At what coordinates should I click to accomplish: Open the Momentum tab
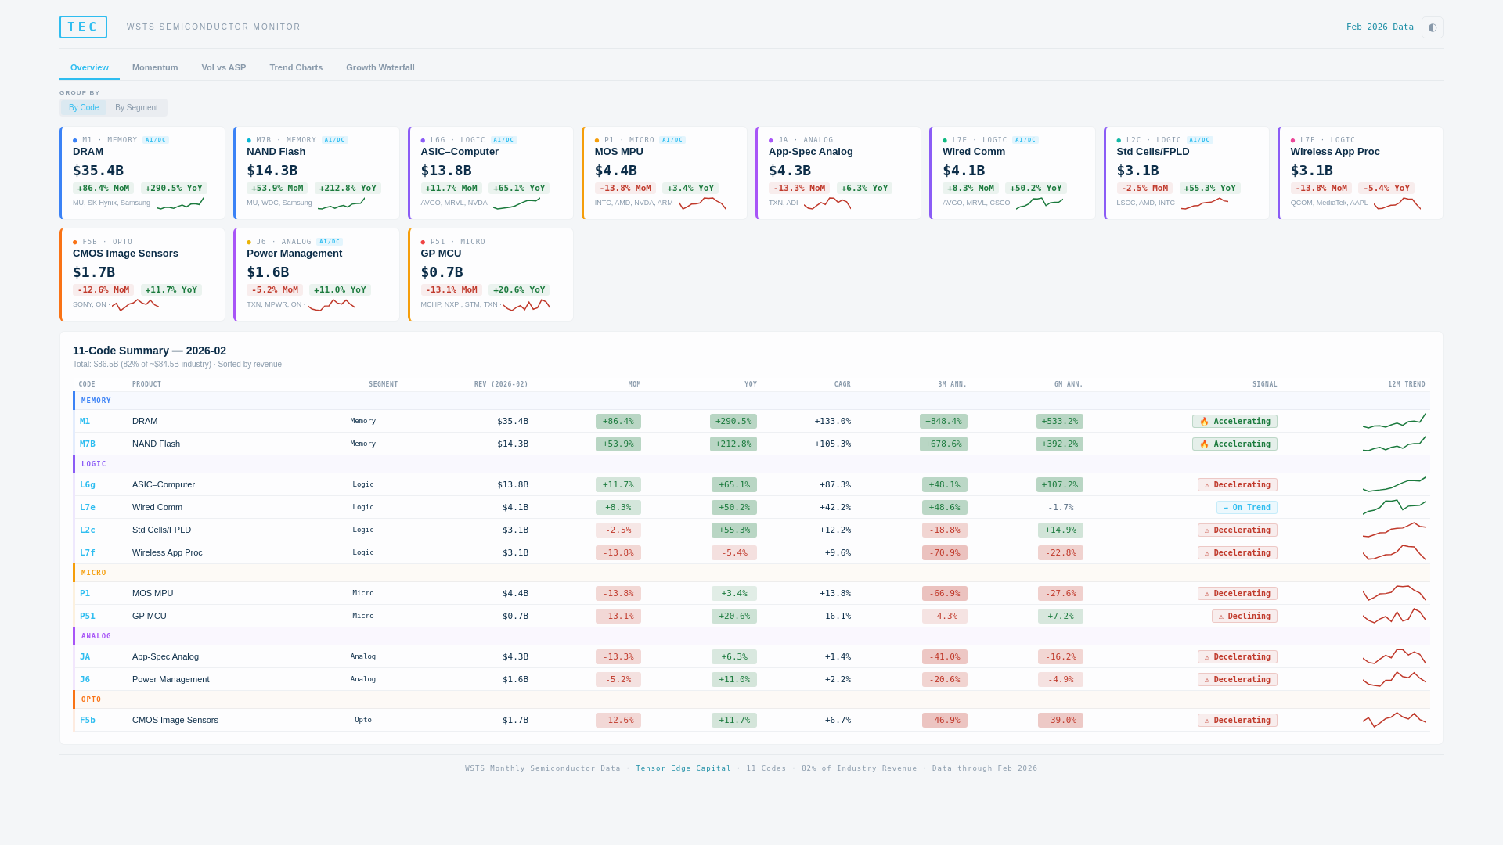pyautogui.click(x=155, y=67)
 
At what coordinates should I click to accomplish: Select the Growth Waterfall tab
pyautogui.click(x=380, y=67)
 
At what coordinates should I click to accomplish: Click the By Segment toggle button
pyautogui.click(x=136, y=108)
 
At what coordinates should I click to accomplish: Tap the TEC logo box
pyautogui.click(x=83, y=27)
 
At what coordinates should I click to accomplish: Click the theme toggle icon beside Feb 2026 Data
pyautogui.click(x=1432, y=27)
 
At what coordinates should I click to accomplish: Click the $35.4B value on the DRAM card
pyautogui.click(x=99, y=171)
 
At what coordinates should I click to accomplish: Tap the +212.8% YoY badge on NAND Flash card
pyautogui.click(x=348, y=189)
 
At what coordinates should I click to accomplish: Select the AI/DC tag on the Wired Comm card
pyautogui.click(x=1025, y=140)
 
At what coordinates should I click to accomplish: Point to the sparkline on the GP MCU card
pyautogui.click(x=527, y=305)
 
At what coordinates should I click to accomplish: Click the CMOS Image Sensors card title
pyautogui.click(x=125, y=253)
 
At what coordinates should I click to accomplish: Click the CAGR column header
pyautogui.click(x=842, y=384)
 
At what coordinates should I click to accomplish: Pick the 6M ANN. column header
pyautogui.click(x=1068, y=384)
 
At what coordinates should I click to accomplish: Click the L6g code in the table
pyautogui.click(x=88, y=484)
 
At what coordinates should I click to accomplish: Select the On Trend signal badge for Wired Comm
pyautogui.click(x=1246, y=508)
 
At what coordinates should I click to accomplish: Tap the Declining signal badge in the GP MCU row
pyautogui.click(x=1244, y=617)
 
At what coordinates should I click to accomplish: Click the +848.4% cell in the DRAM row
pyautogui.click(x=943, y=422)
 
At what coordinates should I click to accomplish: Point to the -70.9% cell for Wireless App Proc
pyautogui.click(x=944, y=553)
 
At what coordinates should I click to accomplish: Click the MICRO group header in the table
pyautogui.click(x=94, y=573)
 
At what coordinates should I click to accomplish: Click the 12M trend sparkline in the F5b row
pyautogui.click(x=1393, y=720)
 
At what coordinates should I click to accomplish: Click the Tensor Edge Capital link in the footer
pyautogui.click(x=683, y=768)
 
